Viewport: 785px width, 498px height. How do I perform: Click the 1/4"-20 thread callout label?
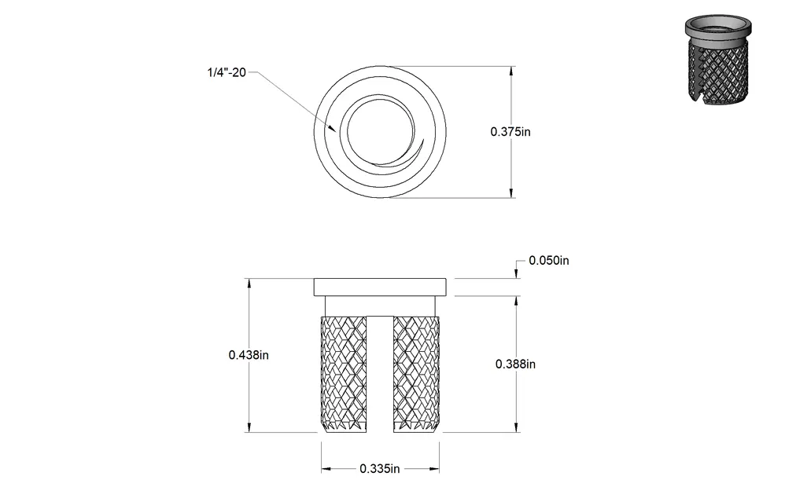[227, 72]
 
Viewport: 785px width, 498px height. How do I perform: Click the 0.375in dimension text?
[510, 131]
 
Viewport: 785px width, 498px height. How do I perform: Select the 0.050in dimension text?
[549, 261]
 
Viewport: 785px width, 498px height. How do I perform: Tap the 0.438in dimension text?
[249, 355]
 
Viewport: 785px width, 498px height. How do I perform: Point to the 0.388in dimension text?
[515, 364]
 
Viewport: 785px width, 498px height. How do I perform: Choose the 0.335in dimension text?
[379, 468]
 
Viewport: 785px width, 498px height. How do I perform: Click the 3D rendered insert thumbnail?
[718, 59]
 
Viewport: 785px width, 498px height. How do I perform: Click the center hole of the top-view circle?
[381, 131]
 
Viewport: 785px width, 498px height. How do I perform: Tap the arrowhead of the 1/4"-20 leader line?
[332, 128]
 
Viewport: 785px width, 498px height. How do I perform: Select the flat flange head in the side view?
[380, 287]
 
